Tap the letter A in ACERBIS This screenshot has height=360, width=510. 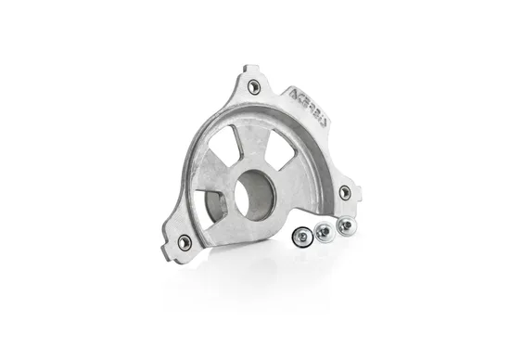294,92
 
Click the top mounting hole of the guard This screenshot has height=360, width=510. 254,86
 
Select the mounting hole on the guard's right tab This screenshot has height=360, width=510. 345,192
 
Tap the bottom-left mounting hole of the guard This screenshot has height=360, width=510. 185,242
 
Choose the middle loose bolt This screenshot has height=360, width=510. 323,232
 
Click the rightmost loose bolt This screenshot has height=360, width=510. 344,225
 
